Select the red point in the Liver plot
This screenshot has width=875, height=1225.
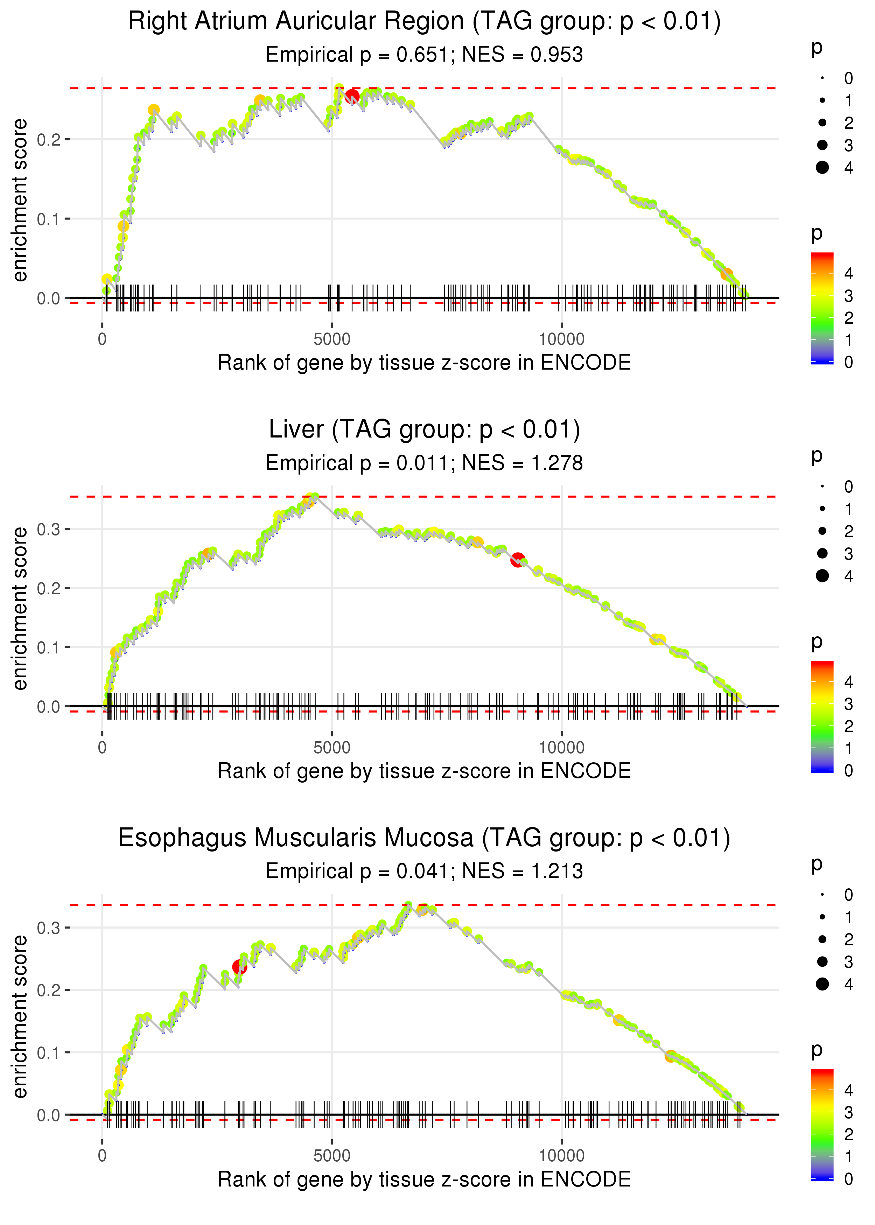tap(518, 560)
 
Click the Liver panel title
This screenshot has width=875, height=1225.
tap(424, 430)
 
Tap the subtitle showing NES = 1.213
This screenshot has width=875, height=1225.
tap(424, 871)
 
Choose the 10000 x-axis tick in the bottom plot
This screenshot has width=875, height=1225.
tap(561, 1155)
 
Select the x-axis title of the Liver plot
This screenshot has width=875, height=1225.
tap(424, 771)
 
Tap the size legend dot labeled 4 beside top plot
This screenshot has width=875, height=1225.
tap(822, 168)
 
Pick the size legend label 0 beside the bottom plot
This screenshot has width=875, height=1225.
tap(849, 895)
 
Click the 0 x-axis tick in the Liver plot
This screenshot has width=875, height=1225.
tap(102, 747)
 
